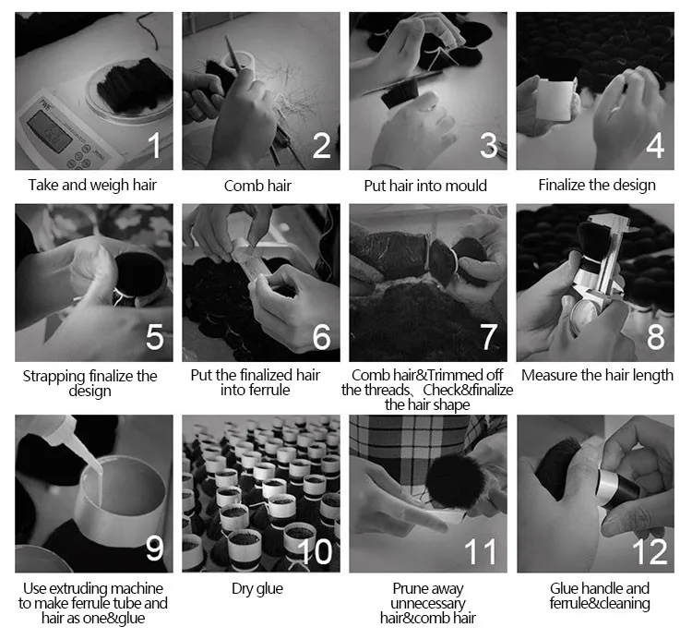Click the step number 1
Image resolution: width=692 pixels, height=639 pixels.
coord(154,145)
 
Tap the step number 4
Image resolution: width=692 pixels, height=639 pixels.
coord(655,145)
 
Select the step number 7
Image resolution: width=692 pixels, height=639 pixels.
coord(488,337)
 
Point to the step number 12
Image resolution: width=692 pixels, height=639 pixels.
coord(650,551)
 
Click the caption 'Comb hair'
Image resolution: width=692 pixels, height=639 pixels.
coord(257,186)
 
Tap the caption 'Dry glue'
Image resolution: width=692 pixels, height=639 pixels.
coord(257,588)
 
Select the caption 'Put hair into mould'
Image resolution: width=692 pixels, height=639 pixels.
coord(425,186)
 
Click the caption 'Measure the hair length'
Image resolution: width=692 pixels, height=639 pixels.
coord(597,375)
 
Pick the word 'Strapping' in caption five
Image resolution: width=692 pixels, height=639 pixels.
coord(54,377)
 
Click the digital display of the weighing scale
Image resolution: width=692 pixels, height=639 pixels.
coord(50,132)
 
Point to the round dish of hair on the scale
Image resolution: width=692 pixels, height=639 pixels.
coord(129,91)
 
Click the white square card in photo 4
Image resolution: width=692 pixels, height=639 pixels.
coord(557,100)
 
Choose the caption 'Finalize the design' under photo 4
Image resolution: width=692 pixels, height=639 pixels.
coord(597,185)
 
